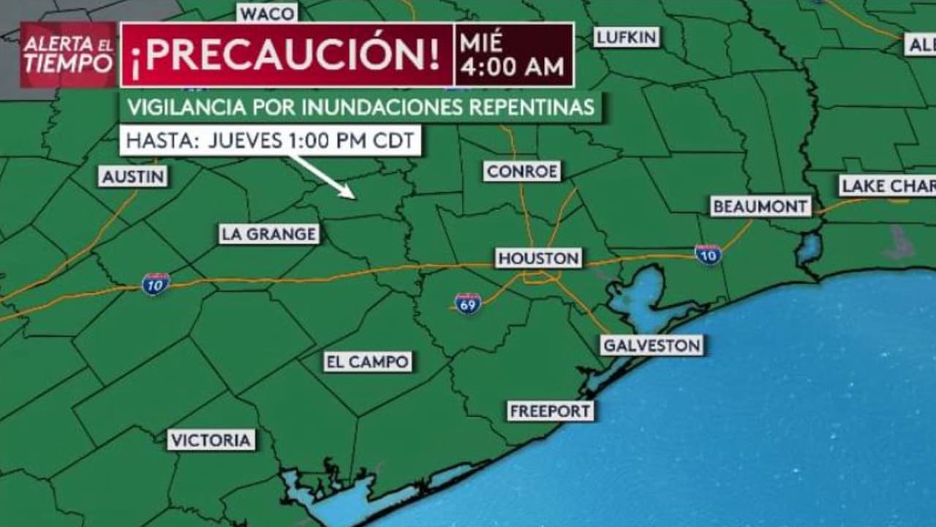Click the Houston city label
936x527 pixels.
pyautogui.click(x=539, y=258)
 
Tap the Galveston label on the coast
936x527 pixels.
pyautogui.click(x=652, y=345)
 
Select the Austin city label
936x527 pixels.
pyautogui.click(x=133, y=176)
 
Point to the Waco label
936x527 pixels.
pyautogui.click(x=267, y=13)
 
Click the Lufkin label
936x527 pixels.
pyautogui.click(x=627, y=37)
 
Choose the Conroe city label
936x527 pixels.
pyautogui.click(x=522, y=171)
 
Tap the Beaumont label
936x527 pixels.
pyautogui.click(x=760, y=206)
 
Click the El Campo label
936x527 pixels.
pyautogui.click(x=368, y=362)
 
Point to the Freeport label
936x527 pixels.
pyautogui.click(x=550, y=411)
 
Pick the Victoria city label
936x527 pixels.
pyautogui.click(x=211, y=440)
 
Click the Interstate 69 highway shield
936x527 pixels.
pyautogui.click(x=467, y=302)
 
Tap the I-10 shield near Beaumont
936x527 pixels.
pyautogui.click(x=708, y=254)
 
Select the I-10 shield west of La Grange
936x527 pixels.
pyautogui.click(x=156, y=283)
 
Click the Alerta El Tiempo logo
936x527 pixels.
pyautogui.click(x=68, y=55)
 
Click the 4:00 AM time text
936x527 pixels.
pyautogui.click(x=513, y=67)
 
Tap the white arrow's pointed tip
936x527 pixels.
pyautogui.click(x=354, y=197)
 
